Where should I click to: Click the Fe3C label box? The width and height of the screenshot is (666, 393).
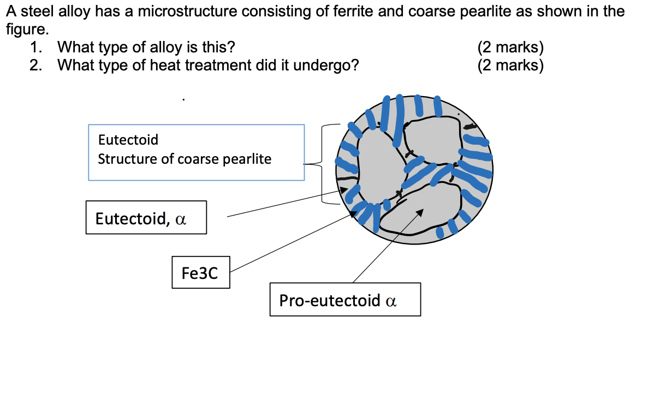click(200, 272)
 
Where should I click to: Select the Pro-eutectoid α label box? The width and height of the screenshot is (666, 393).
click(345, 299)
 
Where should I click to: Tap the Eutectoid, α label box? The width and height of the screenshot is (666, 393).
click(146, 218)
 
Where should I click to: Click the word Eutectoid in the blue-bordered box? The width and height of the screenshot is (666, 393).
click(128, 140)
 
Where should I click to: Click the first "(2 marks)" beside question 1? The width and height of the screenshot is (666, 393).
click(510, 47)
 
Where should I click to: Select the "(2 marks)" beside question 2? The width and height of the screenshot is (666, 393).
click(510, 65)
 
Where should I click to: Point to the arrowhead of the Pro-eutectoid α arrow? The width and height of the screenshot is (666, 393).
click(420, 211)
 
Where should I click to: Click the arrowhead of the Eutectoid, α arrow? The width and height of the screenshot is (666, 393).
click(344, 189)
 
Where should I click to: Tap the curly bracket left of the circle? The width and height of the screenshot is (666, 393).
click(322, 163)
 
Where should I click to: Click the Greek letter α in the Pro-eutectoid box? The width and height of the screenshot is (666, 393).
click(390, 300)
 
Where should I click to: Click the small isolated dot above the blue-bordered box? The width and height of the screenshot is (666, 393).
click(183, 99)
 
